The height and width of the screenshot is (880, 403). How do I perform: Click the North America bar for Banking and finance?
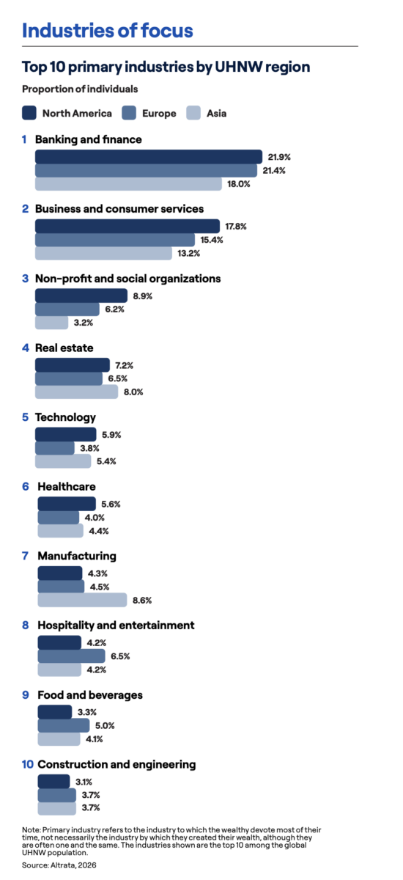coord(149,157)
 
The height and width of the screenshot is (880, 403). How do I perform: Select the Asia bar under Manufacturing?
coord(82,600)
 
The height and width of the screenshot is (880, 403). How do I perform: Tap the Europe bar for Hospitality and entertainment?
coord(71,656)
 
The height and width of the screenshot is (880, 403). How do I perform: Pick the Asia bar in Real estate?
coord(76,392)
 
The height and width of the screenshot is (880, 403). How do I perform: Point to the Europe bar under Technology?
coord(55,448)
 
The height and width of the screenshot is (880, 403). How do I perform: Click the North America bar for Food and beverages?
coord(55,712)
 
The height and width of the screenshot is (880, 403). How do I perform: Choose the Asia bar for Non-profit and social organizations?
coord(52,323)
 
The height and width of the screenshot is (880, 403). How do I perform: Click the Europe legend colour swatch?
coord(129,113)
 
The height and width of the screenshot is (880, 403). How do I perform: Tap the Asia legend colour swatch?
coord(193,113)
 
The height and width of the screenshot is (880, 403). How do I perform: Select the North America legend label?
coord(77,113)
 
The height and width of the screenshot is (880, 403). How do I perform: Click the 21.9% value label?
coord(279,157)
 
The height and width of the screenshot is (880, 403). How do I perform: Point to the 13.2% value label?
coord(189,254)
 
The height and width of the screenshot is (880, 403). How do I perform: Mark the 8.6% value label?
coord(142,601)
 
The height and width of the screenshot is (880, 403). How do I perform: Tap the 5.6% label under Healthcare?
coord(111,504)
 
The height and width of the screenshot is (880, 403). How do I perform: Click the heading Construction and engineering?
coord(117,764)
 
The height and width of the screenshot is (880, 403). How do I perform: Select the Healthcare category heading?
coord(67,486)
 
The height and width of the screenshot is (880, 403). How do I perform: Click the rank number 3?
coord(26,279)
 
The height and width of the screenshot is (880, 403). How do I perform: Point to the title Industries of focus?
coord(108,31)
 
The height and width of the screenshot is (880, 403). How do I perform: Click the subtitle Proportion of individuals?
coord(80,89)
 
